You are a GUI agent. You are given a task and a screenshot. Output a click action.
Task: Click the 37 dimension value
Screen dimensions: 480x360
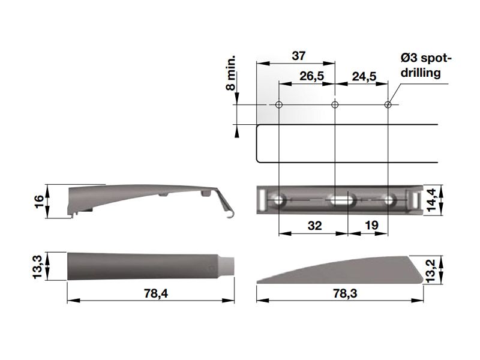coord(298,56)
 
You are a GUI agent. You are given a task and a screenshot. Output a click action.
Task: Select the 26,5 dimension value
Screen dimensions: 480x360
coord(311,76)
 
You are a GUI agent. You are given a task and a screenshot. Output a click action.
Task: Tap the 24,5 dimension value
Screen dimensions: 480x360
coord(364,76)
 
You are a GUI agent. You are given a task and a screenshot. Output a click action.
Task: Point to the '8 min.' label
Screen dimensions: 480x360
coord(231,73)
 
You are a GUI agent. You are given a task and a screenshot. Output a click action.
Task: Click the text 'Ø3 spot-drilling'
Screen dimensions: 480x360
coord(426,65)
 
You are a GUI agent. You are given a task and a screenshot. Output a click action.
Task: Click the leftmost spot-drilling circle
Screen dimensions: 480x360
coord(278,104)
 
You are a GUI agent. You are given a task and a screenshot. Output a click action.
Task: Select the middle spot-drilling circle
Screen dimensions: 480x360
coord(335,104)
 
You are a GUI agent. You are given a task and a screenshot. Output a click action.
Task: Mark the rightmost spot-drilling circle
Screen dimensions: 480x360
coord(388,104)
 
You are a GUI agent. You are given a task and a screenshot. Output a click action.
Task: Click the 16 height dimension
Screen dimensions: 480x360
coord(39,202)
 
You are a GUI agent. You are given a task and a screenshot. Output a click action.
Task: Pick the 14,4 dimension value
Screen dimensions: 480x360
coord(431,200)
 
